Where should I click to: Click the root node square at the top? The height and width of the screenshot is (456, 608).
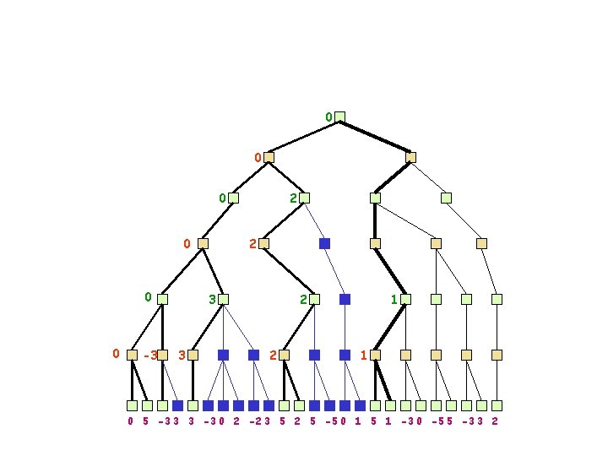pos(339,117)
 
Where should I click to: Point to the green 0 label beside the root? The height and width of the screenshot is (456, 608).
pos(328,117)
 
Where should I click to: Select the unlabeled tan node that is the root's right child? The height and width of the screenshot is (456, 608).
pos(410,157)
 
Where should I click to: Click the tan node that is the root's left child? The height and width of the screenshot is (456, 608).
pos(269,157)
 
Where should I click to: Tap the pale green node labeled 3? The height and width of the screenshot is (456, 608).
pos(223,299)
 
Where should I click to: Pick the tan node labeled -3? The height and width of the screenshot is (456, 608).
pos(162,356)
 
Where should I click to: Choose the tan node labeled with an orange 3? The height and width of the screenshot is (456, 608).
pos(193,356)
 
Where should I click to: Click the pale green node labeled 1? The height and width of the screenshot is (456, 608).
pos(405,299)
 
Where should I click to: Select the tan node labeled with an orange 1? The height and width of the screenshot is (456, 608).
pos(375,356)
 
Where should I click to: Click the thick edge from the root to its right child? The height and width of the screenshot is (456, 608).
pos(375,137)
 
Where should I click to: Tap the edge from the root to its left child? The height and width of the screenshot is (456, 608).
pos(304,137)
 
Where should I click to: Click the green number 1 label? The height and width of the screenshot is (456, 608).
pos(394,299)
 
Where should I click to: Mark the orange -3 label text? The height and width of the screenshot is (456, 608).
pos(149,356)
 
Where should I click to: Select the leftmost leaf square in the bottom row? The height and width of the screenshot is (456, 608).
pos(132,405)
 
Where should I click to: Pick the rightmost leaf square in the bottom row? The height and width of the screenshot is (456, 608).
pos(497,405)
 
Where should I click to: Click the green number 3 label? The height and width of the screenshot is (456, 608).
pos(212,299)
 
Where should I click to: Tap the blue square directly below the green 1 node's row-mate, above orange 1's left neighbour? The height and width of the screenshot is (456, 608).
pos(345,356)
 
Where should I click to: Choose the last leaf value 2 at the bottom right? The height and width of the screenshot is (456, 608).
pos(494,421)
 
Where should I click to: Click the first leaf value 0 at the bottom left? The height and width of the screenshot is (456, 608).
pos(130,421)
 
